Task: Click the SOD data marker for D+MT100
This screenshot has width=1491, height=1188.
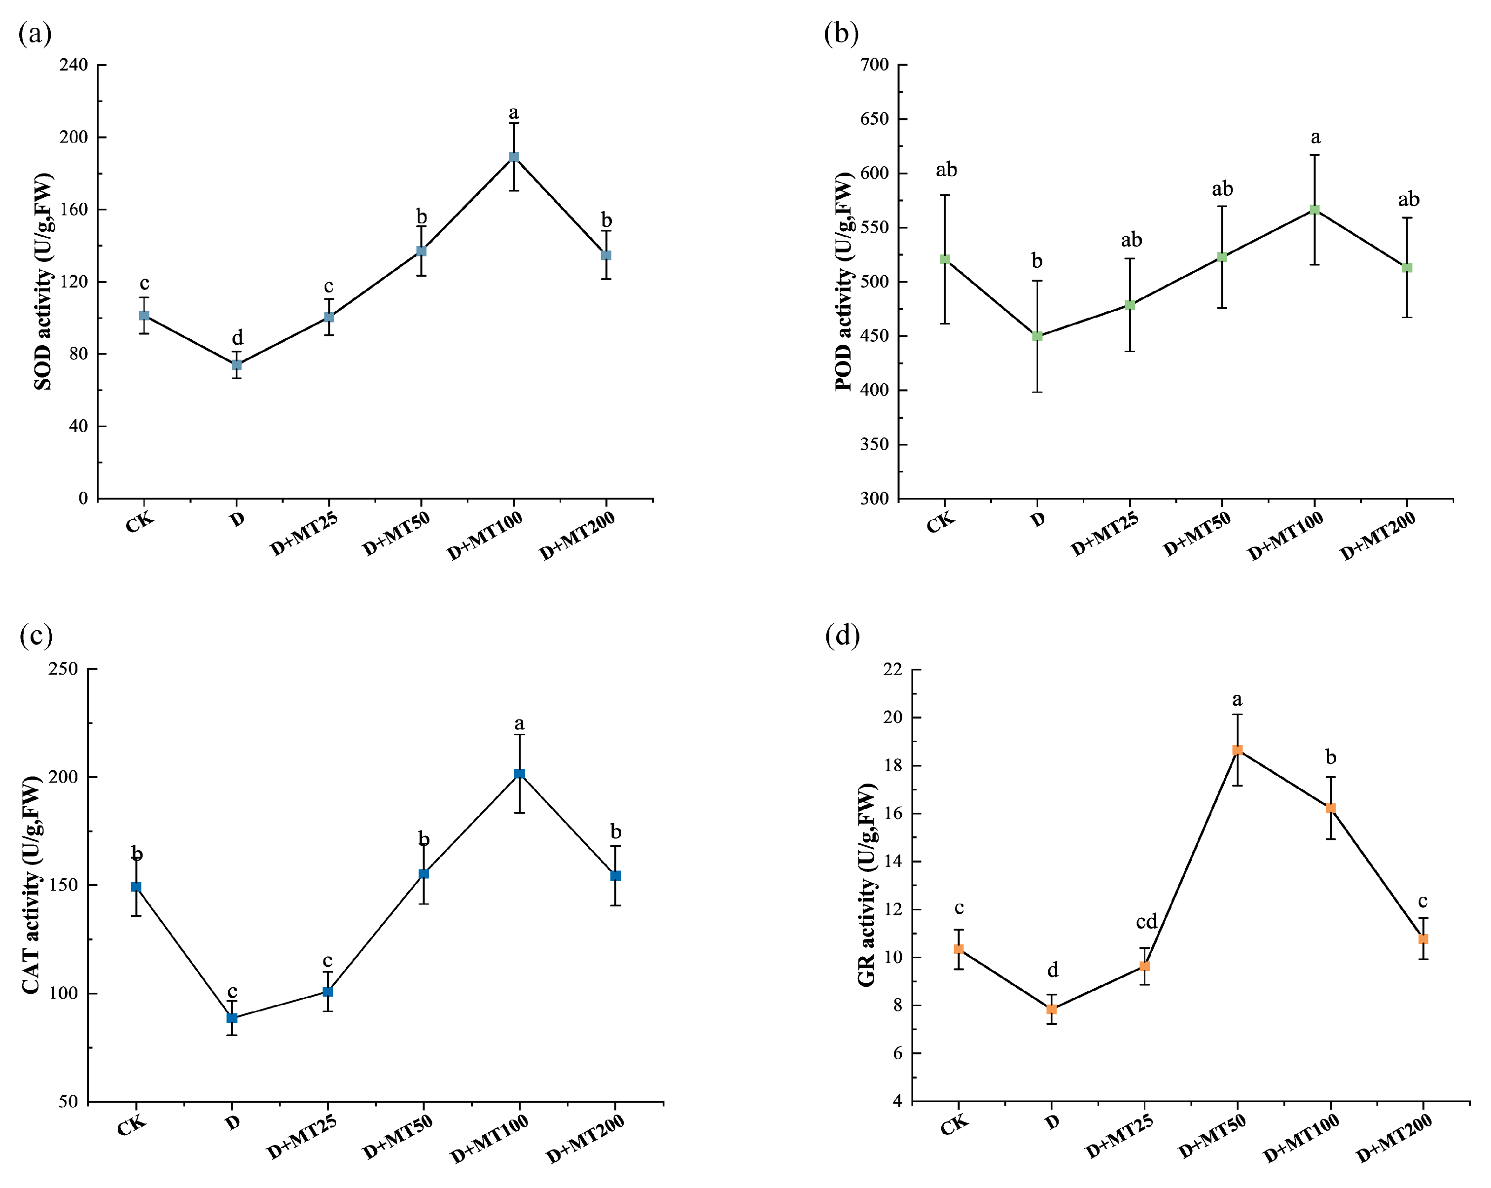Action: click(514, 157)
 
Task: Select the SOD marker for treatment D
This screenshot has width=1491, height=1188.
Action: click(237, 365)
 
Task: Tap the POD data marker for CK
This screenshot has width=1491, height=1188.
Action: click(945, 259)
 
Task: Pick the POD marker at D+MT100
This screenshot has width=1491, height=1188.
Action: click(1314, 210)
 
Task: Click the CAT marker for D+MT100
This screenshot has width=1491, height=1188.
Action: click(519, 774)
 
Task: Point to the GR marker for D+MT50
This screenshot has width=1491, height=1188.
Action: click(1237, 750)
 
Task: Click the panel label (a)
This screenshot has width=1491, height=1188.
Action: click(35, 33)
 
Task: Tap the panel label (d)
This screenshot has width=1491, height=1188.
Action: click(842, 635)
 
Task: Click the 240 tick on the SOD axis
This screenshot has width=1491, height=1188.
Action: click(74, 65)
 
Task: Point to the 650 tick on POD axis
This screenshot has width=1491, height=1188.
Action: click(874, 119)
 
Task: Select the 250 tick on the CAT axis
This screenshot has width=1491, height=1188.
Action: click(63, 669)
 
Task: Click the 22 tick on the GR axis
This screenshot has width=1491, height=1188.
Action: click(893, 669)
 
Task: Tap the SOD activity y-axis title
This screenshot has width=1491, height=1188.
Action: click(43, 282)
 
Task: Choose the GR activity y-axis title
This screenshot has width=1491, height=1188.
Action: click(866, 885)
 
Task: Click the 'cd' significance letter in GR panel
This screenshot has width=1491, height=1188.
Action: click(1146, 922)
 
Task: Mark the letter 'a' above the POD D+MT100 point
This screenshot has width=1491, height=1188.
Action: click(1315, 138)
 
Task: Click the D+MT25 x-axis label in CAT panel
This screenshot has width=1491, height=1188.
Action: click(302, 1137)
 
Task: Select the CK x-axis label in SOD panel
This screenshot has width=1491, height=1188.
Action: click(140, 523)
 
